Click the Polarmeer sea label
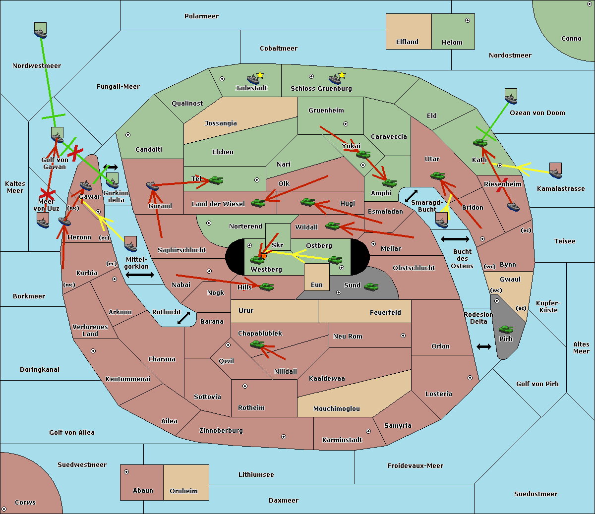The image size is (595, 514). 201,16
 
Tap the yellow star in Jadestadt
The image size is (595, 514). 260,75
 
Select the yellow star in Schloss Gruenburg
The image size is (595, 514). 342,75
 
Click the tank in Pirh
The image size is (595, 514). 506,329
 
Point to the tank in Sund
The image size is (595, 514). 371,287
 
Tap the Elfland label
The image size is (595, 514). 407,42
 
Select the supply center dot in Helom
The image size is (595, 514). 468,20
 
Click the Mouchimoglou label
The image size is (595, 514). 337,408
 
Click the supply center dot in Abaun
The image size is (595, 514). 126,472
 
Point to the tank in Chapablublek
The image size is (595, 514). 257,344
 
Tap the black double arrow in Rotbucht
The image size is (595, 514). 183,318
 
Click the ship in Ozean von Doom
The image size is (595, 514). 511,97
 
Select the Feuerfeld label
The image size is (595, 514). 385,313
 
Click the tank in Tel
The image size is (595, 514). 216,180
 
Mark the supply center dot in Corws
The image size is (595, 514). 4,509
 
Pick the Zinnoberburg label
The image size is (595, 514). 221,431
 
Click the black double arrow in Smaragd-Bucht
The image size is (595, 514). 411,196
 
